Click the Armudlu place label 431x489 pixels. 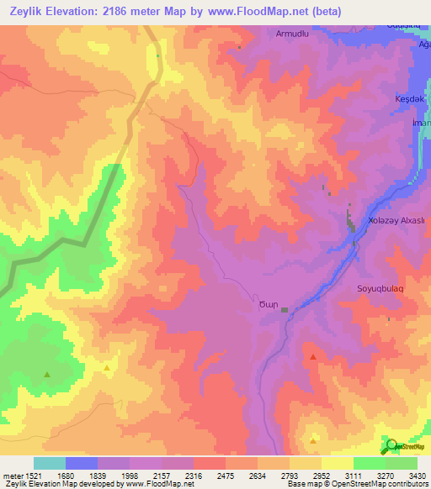(293, 34)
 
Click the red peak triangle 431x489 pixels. (314, 357)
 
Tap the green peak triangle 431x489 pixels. (47, 374)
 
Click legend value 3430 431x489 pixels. (415, 476)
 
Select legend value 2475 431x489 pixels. (226, 476)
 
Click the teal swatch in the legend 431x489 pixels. (50, 463)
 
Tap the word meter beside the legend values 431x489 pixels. (12, 476)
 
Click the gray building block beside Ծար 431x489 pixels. (285, 310)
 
